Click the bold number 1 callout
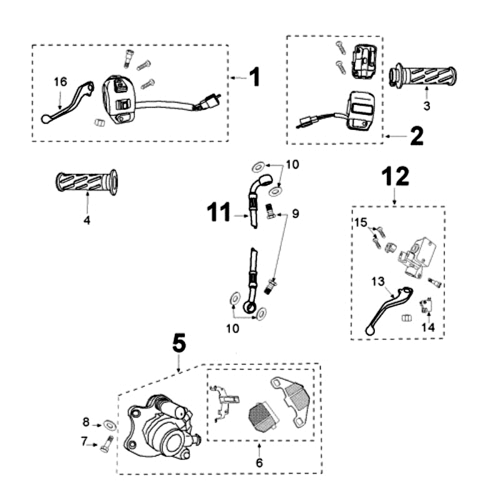[x=254, y=77]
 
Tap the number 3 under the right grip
[x=426, y=106]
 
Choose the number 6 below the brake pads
[x=259, y=462]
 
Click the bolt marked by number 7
[x=104, y=446]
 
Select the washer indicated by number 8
[x=110, y=425]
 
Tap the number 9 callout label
[x=295, y=214]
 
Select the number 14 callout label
[x=428, y=326]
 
